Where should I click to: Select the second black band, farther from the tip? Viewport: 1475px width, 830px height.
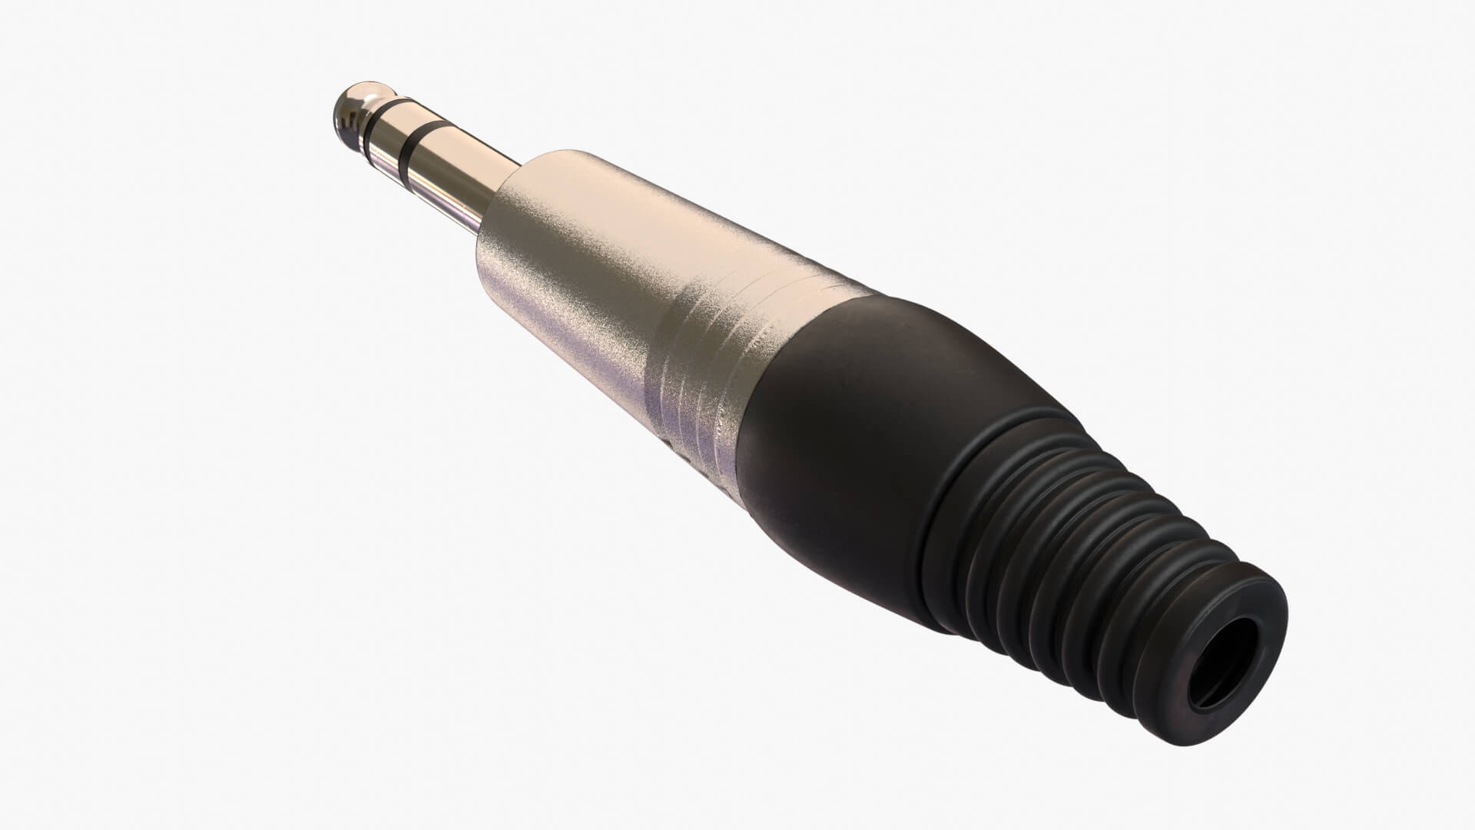415,145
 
